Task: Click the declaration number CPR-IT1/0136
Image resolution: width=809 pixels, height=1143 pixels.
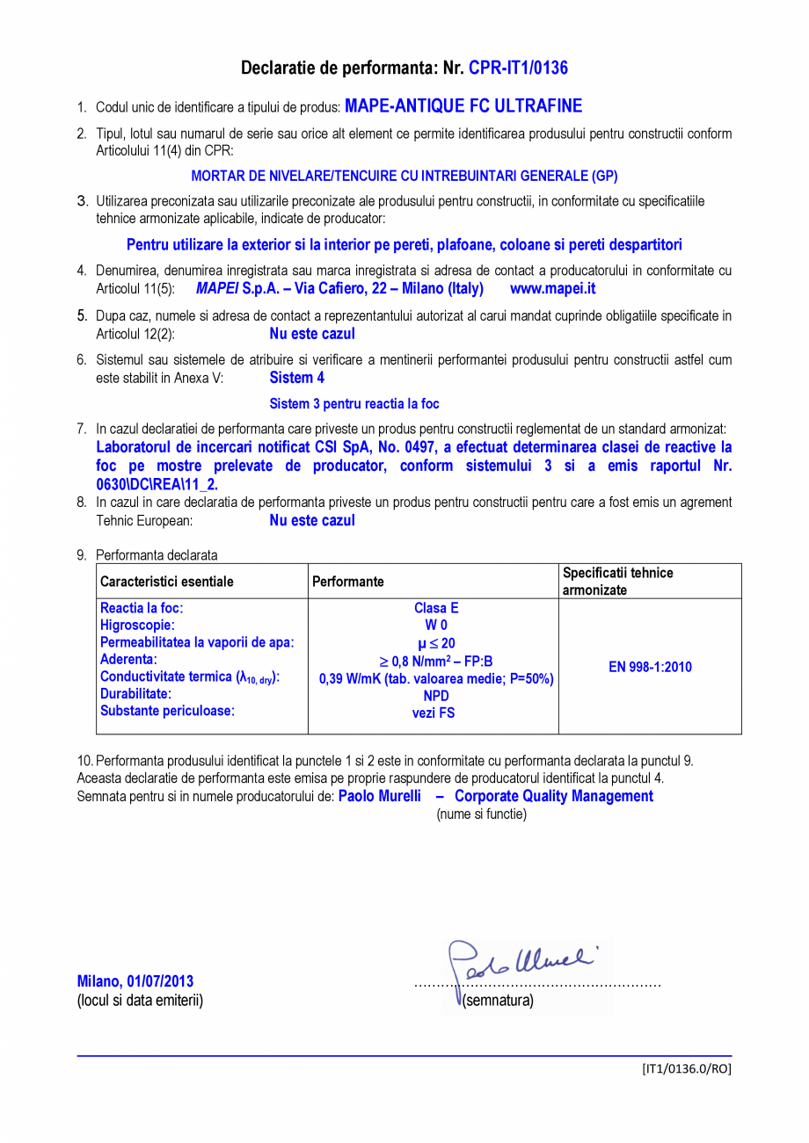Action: pos(518,68)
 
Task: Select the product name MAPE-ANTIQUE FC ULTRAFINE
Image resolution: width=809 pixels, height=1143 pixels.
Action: pos(463,106)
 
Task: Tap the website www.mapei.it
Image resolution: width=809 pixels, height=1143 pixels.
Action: pos(552,288)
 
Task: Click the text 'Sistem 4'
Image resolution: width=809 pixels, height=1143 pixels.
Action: pos(296,378)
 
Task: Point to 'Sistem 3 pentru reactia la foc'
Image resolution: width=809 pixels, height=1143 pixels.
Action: pos(353,404)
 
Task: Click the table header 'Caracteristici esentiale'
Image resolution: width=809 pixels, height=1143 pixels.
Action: pos(167,582)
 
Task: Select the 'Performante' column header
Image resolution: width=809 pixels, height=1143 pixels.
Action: pos(348,582)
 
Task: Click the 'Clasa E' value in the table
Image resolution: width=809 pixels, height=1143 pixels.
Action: pos(436,608)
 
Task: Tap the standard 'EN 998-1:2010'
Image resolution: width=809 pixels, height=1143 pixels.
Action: pos(650,667)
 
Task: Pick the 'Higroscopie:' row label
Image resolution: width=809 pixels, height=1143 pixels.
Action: pos(137,626)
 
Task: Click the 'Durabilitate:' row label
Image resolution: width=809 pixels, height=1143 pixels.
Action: pos(135,694)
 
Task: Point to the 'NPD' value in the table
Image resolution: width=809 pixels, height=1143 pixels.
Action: pos(436,696)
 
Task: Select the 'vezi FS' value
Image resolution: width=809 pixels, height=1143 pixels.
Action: pos(434,713)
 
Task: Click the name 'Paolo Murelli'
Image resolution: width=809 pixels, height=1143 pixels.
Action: pos(380,796)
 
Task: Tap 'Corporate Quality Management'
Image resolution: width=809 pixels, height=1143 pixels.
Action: pos(554,796)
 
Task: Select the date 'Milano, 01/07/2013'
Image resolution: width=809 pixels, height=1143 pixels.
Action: pos(135,981)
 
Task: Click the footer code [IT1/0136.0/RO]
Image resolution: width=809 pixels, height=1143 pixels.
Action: pos(686,1068)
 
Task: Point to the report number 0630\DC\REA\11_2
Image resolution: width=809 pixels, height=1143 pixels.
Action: pos(157,484)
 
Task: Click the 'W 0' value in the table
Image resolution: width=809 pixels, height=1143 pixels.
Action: pos(436,626)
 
